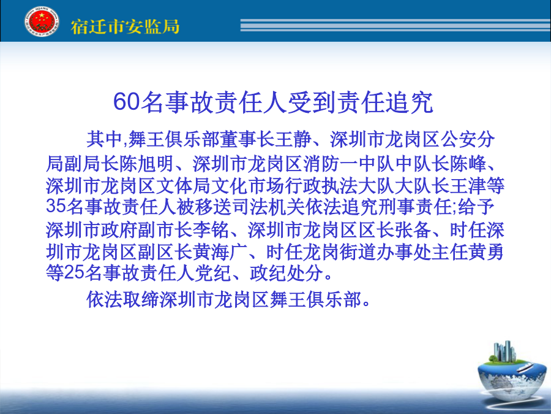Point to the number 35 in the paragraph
(x=56, y=206)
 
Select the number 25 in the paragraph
(x=75, y=272)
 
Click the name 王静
(x=293, y=139)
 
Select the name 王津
(x=469, y=185)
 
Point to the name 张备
(x=414, y=229)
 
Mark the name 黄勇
(x=486, y=251)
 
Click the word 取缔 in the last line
(x=141, y=299)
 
